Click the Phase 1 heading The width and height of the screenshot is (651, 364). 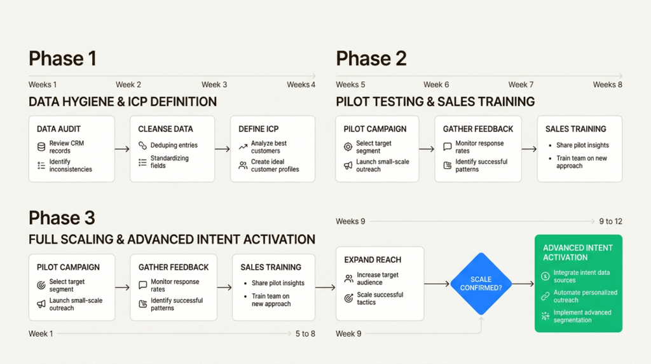click(62, 59)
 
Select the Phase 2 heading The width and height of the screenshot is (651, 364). click(371, 59)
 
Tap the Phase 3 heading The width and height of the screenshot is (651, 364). click(62, 218)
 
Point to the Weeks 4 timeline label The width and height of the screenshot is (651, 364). click(301, 85)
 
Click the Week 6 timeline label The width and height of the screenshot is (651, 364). click(436, 85)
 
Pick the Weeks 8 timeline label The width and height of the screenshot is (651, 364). click(607, 85)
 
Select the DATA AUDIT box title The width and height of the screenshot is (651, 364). click(58, 129)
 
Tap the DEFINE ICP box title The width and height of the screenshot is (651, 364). click(259, 129)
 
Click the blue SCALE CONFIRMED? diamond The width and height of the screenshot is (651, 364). click(481, 284)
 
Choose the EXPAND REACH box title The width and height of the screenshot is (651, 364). click(373, 260)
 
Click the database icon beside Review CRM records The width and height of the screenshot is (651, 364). click(41, 147)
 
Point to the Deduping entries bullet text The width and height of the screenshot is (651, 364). click(174, 146)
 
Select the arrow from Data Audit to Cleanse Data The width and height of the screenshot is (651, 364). click(122, 150)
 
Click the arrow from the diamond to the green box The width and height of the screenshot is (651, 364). click(523, 284)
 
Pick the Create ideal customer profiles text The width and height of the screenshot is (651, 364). click(275, 165)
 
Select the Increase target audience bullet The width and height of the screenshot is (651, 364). click(378, 278)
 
